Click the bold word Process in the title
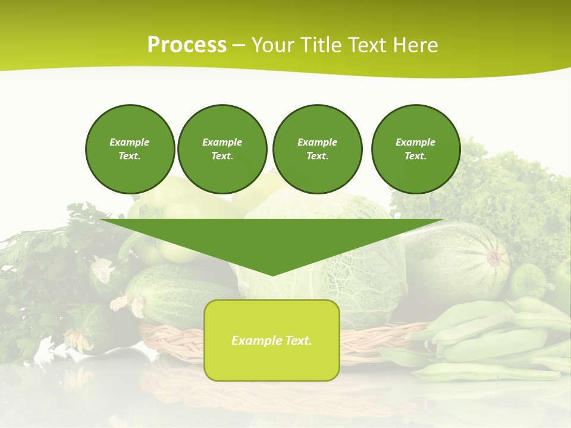[187, 45]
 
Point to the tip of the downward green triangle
[272, 274]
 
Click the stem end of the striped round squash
[494, 257]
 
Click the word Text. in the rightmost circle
[415, 156]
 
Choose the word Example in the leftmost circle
[129, 142]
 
